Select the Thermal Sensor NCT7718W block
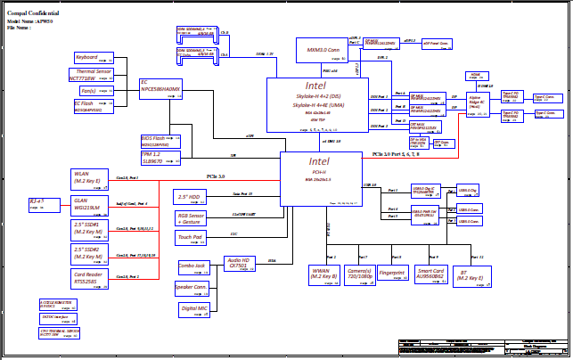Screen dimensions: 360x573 point(90,74)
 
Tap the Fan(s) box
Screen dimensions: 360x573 point(89,91)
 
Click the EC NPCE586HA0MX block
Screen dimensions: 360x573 point(161,87)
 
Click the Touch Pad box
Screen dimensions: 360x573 point(189,238)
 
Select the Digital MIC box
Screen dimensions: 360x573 point(194,307)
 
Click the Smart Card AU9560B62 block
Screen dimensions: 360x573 point(430,274)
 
